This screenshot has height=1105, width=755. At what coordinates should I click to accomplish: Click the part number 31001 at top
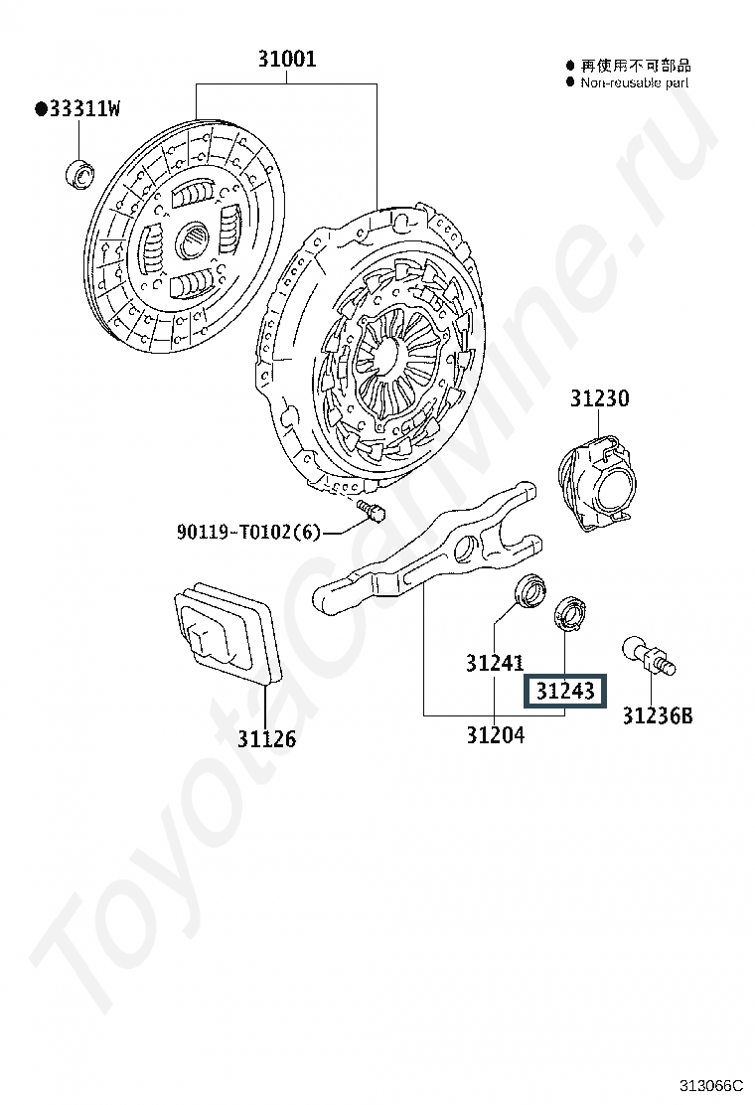(x=287, y=58)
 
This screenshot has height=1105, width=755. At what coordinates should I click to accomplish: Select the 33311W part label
(x=77, y=108)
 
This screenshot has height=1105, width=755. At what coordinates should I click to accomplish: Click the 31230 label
(x=599, y=398)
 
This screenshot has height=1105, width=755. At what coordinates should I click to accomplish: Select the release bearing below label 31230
(x=596, y=481)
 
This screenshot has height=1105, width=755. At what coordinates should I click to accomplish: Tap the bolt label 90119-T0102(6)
(x=248, y=531)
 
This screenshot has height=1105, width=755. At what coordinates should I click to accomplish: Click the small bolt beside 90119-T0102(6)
(x=372, y=510)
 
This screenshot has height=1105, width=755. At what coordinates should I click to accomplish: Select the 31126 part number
(x=265, y=738)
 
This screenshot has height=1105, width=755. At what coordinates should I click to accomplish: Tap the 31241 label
(x=495, y=663)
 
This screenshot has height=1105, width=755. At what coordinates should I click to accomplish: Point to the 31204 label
(x=495, y=735)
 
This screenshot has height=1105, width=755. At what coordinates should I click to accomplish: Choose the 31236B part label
(x=657, y=715)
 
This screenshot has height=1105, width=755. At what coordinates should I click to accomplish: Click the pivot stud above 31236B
(x=649, y=656)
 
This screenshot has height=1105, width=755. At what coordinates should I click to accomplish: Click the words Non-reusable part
(x=635, y=82)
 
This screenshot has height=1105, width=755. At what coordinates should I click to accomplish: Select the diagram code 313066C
(x=711, y=1084)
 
